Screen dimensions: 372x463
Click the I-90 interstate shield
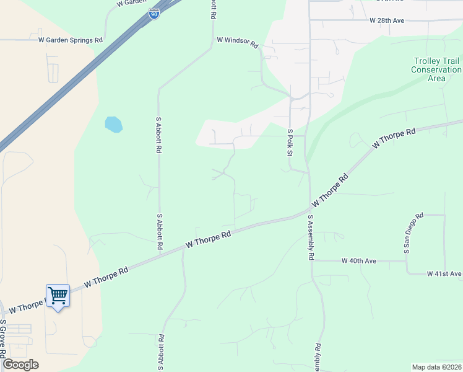154,14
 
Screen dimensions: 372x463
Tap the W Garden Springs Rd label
71,40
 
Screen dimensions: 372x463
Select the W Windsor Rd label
237,41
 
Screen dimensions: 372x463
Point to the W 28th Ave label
387,20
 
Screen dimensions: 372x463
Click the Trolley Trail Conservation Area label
436,69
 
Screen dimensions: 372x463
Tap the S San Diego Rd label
412,234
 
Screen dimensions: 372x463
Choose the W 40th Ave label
359,261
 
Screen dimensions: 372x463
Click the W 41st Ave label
444,273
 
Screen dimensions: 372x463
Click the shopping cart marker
58,296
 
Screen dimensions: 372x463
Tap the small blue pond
113,124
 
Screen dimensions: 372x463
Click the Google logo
20,365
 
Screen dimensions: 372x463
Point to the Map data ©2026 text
436,367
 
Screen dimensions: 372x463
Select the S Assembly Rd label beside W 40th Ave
311,238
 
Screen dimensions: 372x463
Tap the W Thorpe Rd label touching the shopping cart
25,306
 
